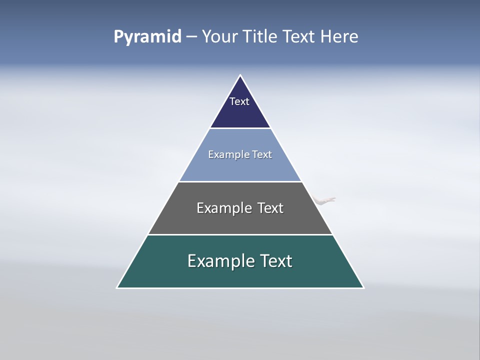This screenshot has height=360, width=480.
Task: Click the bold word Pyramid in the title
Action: tap(147, 37)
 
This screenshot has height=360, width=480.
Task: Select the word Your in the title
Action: tap(220, 36)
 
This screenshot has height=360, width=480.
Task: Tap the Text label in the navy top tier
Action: tap(239, 101)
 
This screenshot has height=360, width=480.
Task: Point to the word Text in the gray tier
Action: tap(270, 208)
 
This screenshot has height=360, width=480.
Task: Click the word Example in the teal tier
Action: tap(220, 261)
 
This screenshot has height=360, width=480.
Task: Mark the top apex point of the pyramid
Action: tap(240, 75)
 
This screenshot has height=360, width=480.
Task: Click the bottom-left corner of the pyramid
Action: tap(117, 287)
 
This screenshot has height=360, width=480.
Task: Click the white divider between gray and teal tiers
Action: tap(240, 234)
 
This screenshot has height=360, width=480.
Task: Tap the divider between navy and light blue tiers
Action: tap(240, 128)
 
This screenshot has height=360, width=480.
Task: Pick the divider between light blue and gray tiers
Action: tap(240, 181)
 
